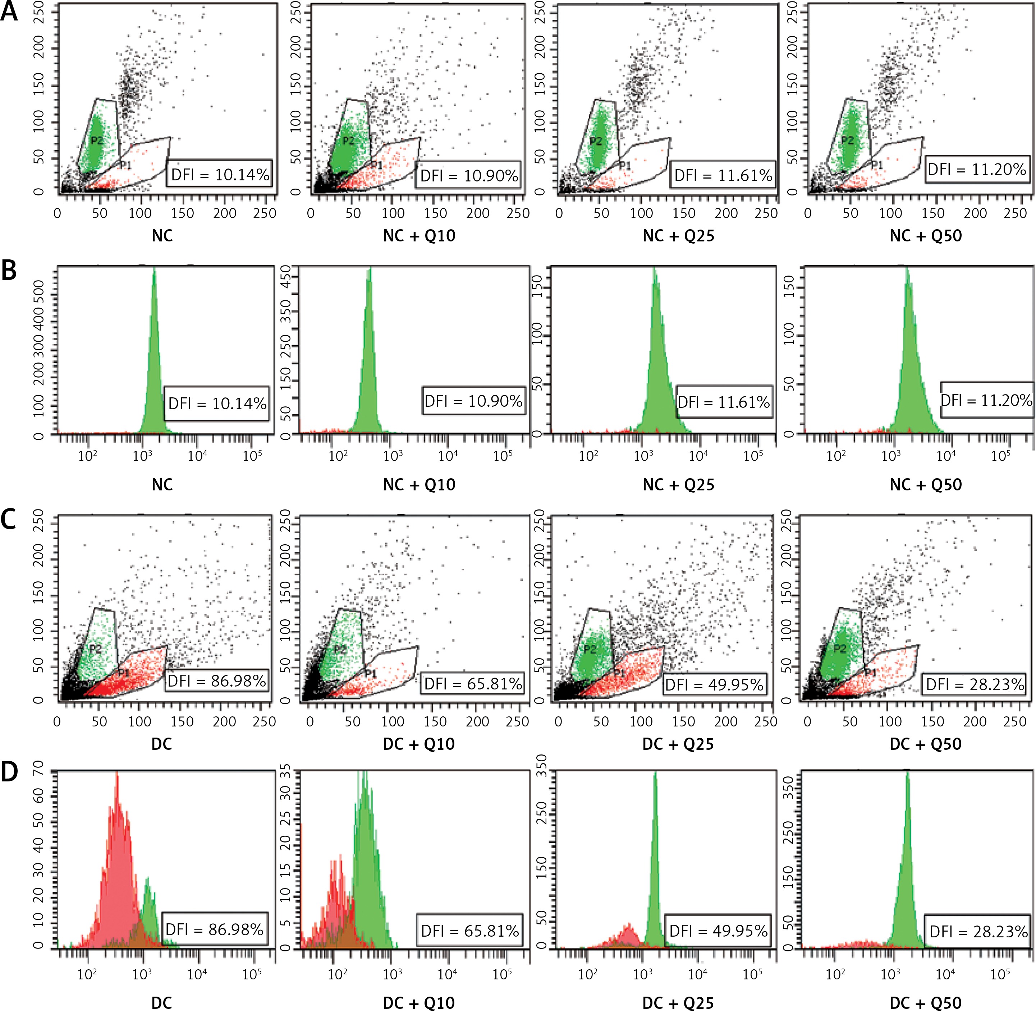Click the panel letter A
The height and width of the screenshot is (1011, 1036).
(x=10, y=12)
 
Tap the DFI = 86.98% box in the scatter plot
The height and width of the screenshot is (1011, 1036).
(x=216, y=681)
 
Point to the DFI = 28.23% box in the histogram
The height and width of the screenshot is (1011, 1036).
(x=978, y=931)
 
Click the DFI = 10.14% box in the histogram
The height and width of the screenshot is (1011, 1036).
(x=217, y=403)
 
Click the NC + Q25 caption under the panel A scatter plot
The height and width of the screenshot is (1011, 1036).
(x=678, y=236)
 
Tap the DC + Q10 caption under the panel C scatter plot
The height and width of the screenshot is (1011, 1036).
(x=419, y=744)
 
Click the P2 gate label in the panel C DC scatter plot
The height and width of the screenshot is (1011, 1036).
(x=96, y=648)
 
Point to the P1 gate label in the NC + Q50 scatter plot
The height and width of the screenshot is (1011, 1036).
(x=877, y=165)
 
